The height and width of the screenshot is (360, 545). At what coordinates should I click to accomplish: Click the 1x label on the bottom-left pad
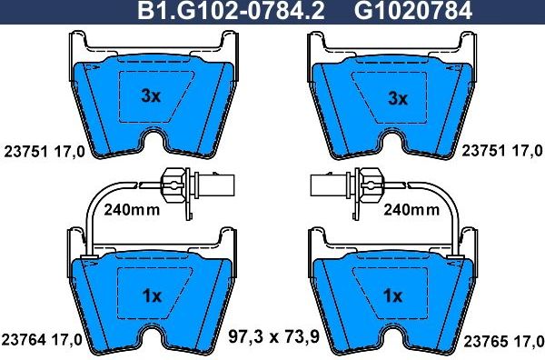point(152,295)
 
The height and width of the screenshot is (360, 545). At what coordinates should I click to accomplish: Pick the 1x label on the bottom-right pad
point(393,295)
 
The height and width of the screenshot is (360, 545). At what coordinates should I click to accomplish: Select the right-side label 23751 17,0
point(502,150)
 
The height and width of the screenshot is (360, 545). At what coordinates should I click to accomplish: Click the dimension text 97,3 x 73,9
point(273,338)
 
